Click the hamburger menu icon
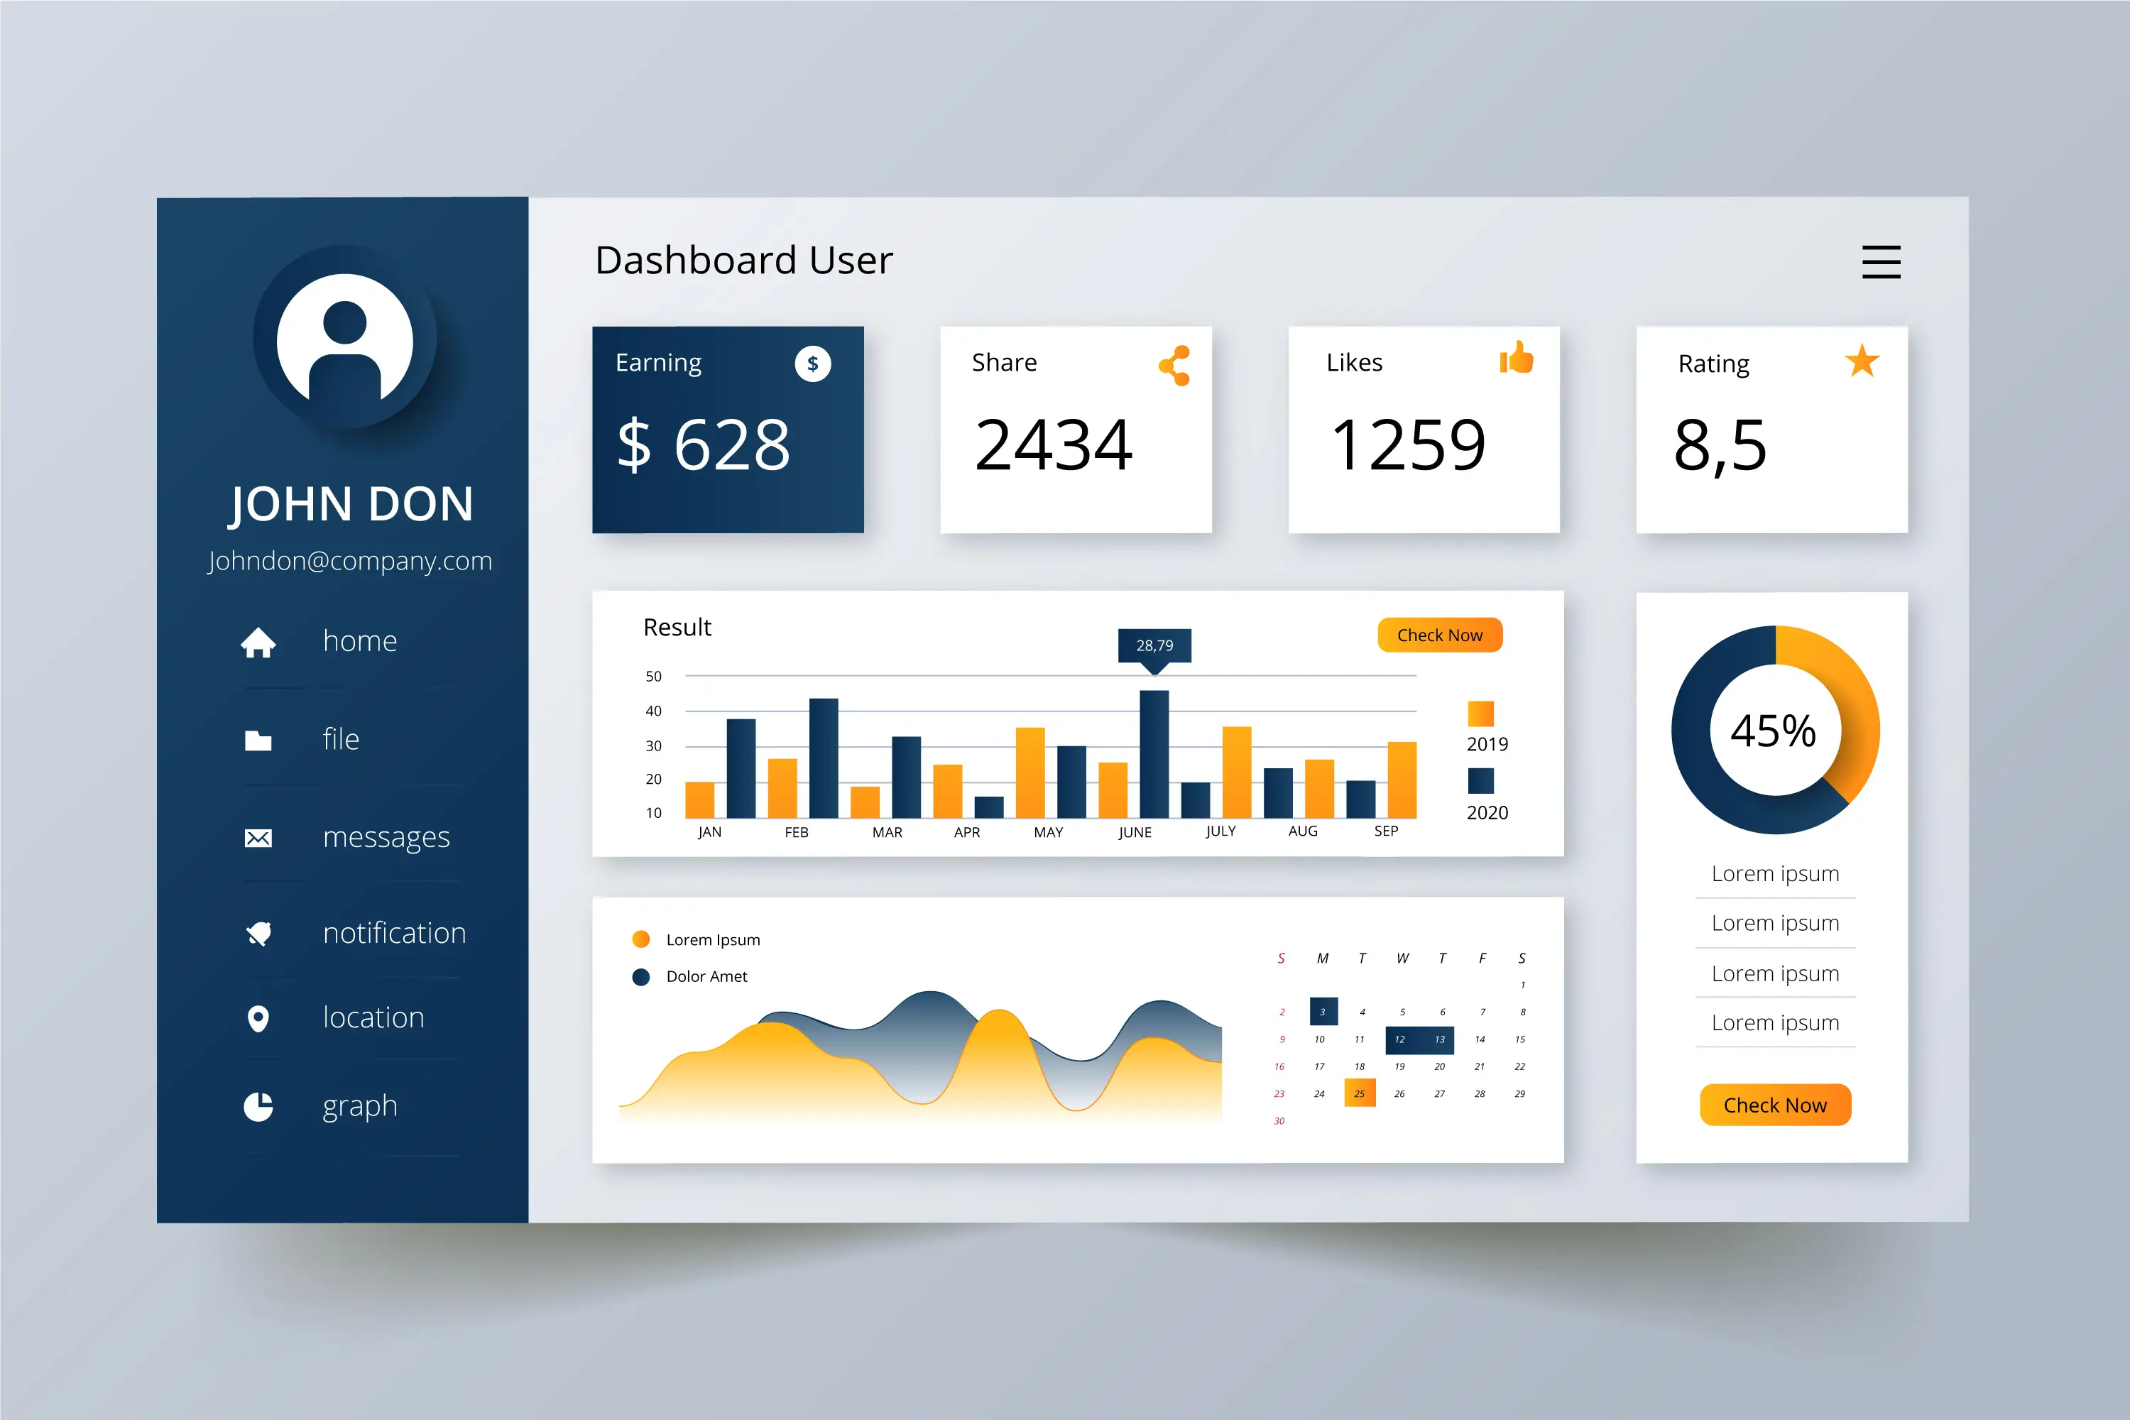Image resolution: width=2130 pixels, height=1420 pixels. click(1881, 262)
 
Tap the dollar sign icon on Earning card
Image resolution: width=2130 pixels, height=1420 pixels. click(812, 364)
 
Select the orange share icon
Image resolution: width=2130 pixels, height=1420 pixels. click(1174, 366)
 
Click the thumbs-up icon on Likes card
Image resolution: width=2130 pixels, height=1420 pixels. click(1516, 358)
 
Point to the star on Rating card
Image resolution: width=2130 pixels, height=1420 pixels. click(1862, 361)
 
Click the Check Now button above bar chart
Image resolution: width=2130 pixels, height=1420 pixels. click(1439, 635)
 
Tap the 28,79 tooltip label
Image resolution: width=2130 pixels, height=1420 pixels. click(1154, 645)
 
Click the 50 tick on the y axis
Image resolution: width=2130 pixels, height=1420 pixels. click(654, 677)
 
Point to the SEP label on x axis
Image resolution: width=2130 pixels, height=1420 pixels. click(1386, 831)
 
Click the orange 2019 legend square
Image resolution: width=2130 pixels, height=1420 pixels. click(1480, 714)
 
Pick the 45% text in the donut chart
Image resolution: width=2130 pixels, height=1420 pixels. click(1773, 731)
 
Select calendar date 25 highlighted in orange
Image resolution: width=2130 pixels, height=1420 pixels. click(1360, 1093)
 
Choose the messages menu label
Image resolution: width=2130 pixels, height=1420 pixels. click(386, 837)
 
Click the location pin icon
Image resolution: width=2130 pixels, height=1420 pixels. click(258, 1019)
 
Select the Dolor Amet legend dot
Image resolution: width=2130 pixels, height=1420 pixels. click(641, 976)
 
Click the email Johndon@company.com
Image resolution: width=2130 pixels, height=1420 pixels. click(349, 561)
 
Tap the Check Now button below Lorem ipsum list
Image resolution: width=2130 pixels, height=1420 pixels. click(1774, 1105)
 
